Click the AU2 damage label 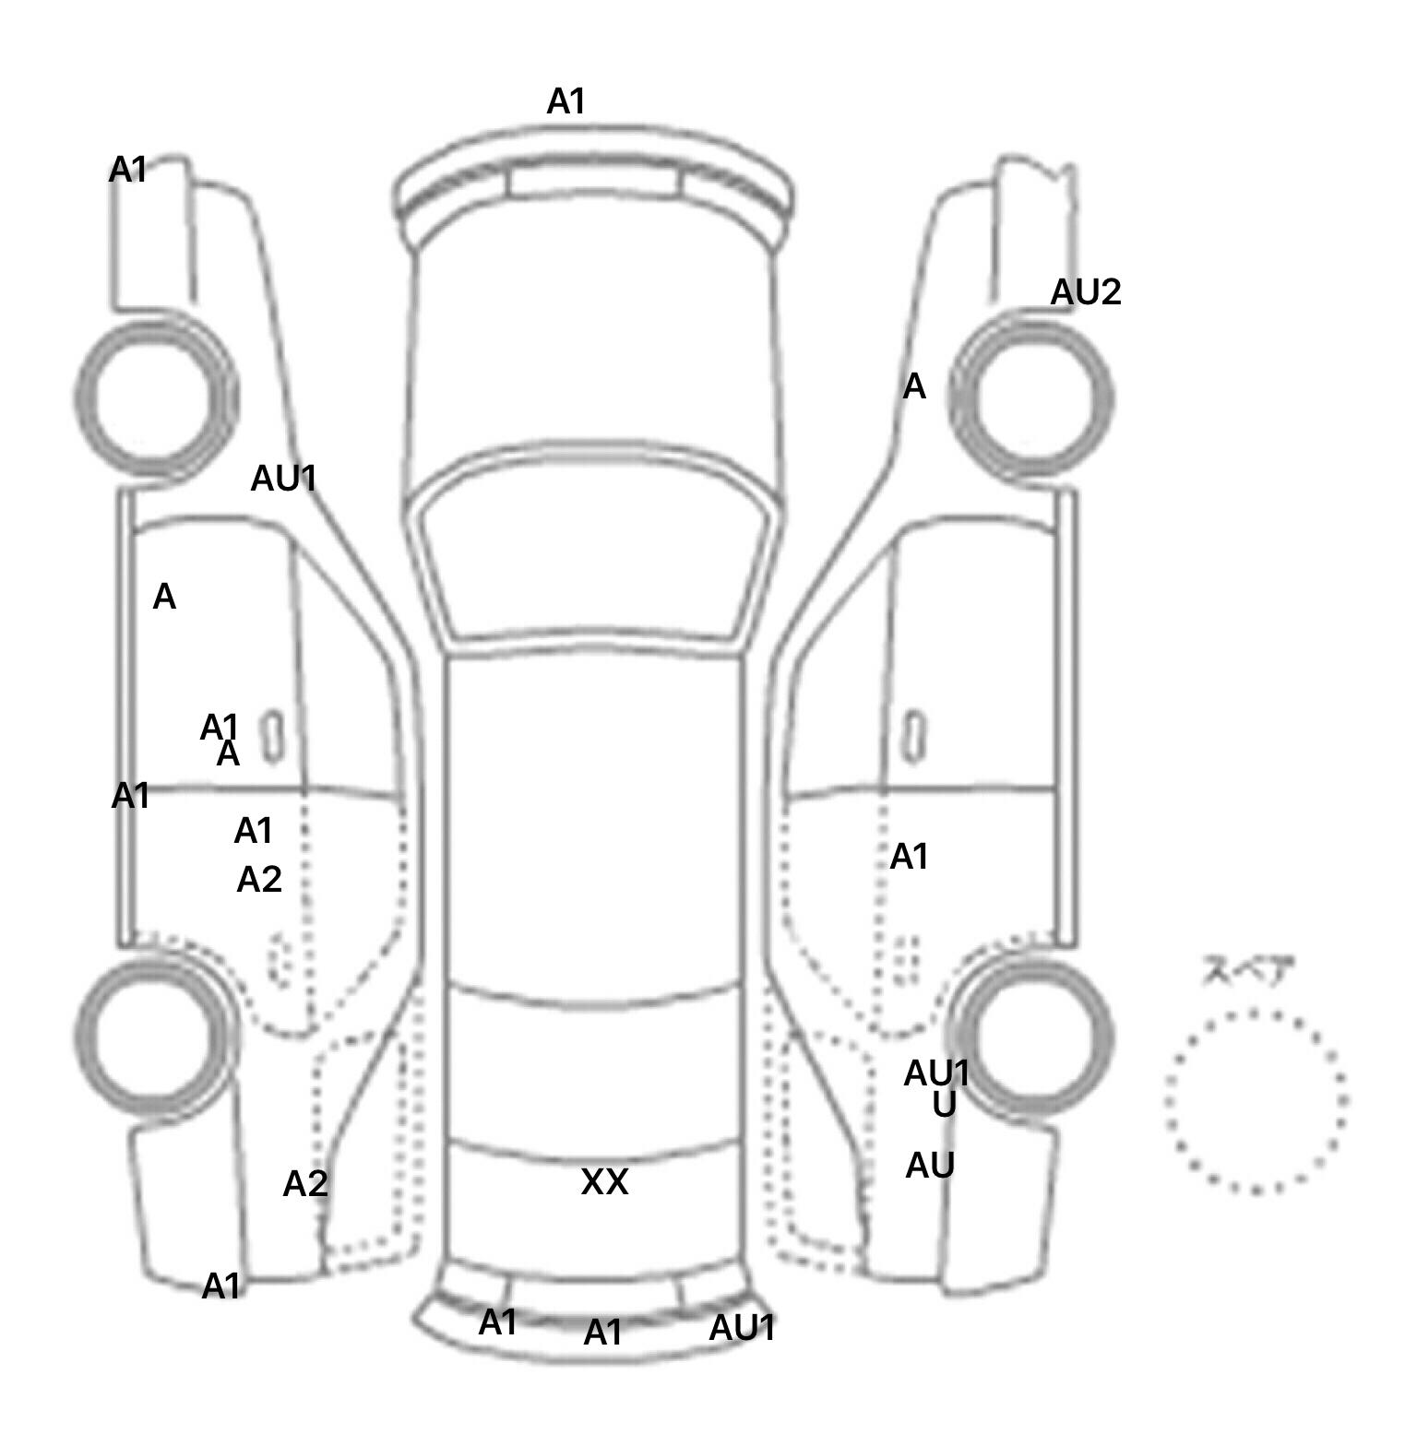pyautogui.click(x=1085, y=292)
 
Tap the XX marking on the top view pyautogui.click(x=604, y=1181)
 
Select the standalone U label pyautogui.click(x=944, y=1104)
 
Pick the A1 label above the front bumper pyautogui.click(x=566, y=101)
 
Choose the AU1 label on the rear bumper pyautogui.click(x=742, y=1328)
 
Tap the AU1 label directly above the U pyautogui.click(x=936, y=1073)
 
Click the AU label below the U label pyautogui.click(x=930, y=1166)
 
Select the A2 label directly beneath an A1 pyautogui.click(x=259, y=880)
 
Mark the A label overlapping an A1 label pyautogui.click(x=228, y=755)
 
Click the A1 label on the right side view pyautogui.click(x=909, y=857)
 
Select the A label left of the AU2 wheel pyautogui.click(x=913, y=386)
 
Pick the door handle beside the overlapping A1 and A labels pyautogui.click(x=272, y=737)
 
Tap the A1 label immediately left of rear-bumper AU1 pyautogui.click(x=602, y=1333)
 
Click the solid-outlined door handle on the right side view pyautogui.click(x=914, y=737)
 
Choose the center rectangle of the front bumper pyautogui.click(x=592, y=182)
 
